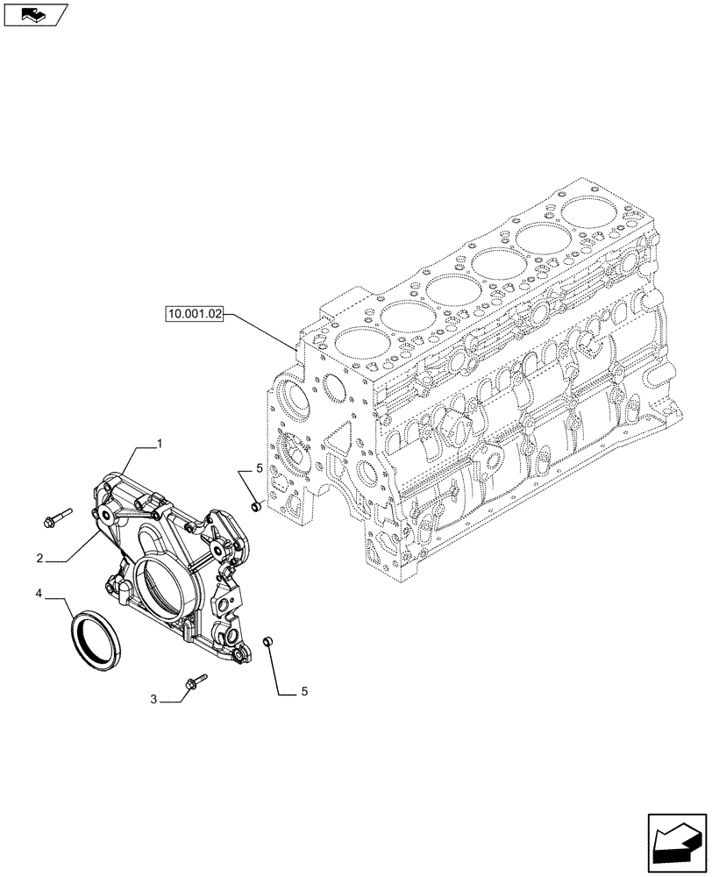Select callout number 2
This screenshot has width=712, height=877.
point(40,557)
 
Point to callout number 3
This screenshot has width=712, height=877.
point(153,699)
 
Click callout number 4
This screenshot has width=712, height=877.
point(39,595)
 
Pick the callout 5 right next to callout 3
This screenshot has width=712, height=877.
point(304,692)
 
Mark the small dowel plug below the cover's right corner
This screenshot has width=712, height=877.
point(270,644)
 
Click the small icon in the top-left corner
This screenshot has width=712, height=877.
point(34,14)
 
